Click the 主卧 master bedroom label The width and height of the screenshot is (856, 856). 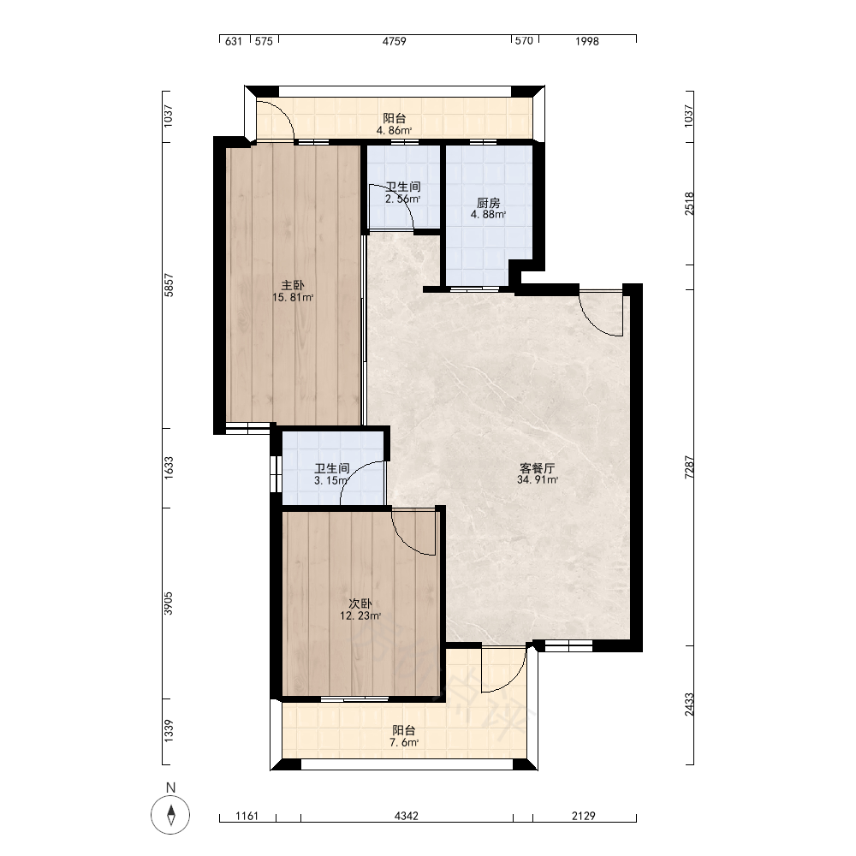293,286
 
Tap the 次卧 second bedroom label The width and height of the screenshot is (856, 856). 360,603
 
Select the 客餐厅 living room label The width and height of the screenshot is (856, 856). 538,468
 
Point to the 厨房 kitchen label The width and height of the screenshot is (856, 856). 488,203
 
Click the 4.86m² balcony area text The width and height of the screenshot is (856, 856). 394,130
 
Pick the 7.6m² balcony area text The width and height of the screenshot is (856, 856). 404,742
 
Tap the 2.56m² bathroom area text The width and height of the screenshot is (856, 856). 403,199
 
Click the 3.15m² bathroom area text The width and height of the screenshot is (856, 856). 330,480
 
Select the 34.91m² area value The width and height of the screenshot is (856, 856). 538,480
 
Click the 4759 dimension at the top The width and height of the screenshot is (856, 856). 394,41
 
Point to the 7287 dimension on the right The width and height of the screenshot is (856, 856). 689,468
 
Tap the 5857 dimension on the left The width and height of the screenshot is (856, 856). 169,286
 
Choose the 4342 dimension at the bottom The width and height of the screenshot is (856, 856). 407,816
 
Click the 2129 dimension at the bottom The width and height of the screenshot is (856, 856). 584,816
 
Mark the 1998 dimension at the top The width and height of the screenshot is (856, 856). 587,41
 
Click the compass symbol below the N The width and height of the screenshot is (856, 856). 171,815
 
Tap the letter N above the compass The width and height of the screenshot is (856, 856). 171,788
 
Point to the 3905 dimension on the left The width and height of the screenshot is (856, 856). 169,603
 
